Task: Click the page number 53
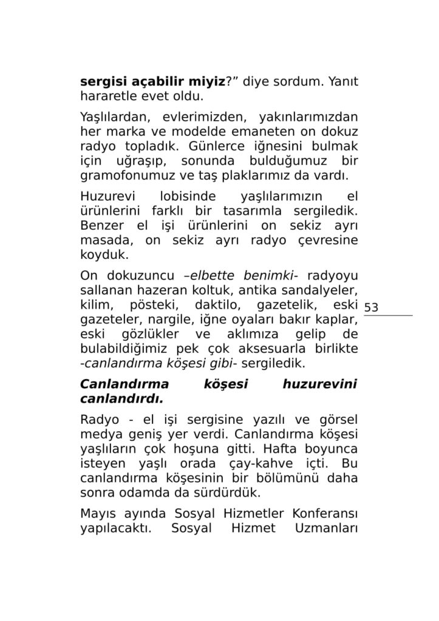click(371, 307)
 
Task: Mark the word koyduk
click(101, 255)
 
